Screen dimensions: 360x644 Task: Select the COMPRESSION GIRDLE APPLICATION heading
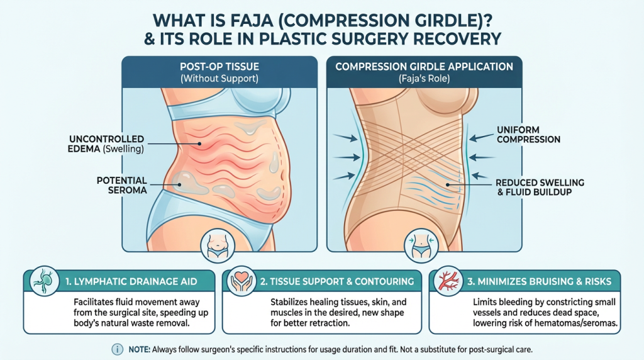[x=425, y=67]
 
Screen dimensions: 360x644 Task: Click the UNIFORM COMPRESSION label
[x=527, y=133]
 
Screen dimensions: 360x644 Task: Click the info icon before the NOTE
[x=117, y=349]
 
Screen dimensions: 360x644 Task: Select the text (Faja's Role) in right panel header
[x=425, y=79]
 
